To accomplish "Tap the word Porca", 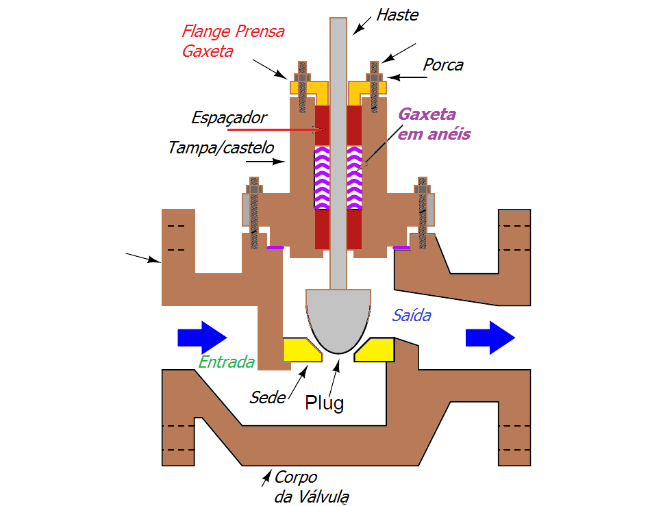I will click(442, 65).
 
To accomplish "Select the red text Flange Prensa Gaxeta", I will click(233, 41).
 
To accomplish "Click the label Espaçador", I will click(229, 118).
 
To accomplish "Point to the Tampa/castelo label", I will click(221, 147).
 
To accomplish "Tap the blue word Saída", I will click(411, 316).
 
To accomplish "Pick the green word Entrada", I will click(227, 362).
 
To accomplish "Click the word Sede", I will click(267, 397).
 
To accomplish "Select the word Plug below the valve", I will click(324, 403).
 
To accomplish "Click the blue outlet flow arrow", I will click(490, 338).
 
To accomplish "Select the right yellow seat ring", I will click(375, 349).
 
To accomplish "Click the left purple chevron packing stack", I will click(321, 178).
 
